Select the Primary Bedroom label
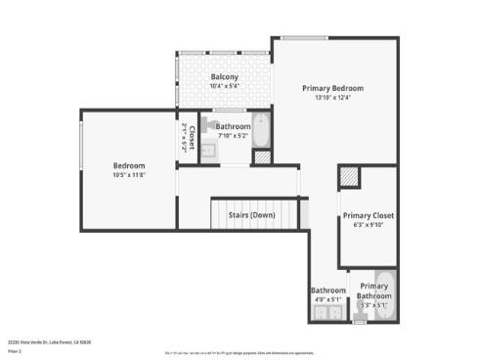pos(332,87)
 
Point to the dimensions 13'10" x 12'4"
pos(332,98)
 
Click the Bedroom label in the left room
pos(129,165)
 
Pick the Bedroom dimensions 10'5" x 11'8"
pos(129,176)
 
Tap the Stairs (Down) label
pos(251,214)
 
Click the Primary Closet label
pos(369,214)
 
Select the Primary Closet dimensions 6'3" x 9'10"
pos(369,225)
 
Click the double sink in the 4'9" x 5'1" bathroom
pos(327,313)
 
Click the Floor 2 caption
pos(15,350)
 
